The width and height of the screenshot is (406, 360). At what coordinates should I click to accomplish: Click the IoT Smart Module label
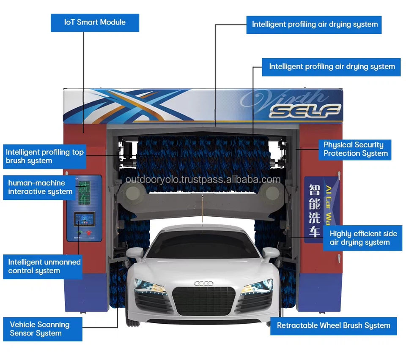(95, 22)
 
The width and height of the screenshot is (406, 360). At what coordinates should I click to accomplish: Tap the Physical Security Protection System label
(355, 149)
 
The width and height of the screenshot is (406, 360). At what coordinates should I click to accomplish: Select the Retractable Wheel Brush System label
(333, 325)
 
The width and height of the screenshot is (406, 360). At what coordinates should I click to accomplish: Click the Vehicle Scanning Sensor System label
(40, 329)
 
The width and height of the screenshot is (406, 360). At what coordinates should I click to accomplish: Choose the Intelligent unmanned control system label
(44, 266)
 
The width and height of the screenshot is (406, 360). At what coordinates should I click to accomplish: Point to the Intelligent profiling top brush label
(45, 156)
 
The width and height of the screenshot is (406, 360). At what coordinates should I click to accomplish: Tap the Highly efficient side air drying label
(363, 238)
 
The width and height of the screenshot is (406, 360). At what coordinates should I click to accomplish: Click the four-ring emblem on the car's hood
(203, 283)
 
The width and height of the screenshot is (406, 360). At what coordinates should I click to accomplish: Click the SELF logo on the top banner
(305, 111)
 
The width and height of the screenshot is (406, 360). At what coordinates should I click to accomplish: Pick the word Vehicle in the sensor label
(23, 325)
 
